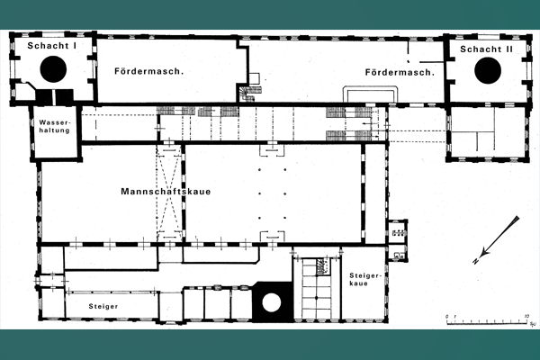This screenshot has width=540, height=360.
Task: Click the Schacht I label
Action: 52,46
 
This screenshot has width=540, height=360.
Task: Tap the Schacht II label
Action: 486,49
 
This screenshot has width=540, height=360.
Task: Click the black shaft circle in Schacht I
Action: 53,69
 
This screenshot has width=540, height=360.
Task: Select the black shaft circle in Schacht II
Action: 488,70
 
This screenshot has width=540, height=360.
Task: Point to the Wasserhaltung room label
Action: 54,126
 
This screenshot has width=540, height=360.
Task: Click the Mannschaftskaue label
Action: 166,192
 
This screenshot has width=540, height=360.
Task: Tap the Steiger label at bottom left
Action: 103,306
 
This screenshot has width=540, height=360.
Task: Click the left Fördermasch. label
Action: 149,71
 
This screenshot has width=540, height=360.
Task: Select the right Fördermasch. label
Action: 400,72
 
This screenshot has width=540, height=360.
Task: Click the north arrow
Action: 496,240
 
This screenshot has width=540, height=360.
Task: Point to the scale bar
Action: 487,322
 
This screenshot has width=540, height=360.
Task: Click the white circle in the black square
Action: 272,302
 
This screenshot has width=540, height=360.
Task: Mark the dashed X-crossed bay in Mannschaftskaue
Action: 169,193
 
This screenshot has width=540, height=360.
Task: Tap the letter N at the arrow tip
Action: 476,261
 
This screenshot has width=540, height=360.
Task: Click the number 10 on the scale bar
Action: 526,316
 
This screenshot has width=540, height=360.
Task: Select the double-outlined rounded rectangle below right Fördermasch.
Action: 370,94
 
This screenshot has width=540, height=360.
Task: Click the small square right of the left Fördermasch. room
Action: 254,78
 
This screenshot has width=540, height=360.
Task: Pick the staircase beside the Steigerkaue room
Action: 317,288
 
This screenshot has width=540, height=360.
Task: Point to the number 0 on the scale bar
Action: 447,316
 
